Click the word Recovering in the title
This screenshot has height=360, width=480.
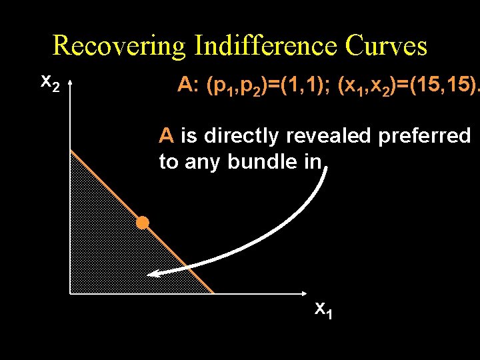(120, 46)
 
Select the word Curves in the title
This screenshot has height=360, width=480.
(387, 46)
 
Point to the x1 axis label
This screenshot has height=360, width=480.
(323, 309)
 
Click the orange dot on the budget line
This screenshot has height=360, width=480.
(143, 223)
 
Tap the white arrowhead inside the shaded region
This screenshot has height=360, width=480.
(153, 273)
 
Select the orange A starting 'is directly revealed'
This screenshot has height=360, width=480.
(167, 136)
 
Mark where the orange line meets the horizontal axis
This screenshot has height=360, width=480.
(214, 293)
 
